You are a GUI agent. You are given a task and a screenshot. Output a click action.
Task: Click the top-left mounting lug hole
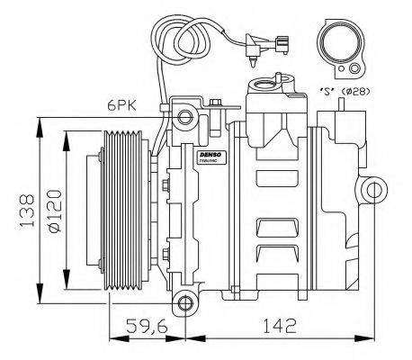[x=184, y=116]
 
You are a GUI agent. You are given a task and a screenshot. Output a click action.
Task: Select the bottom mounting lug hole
[x=185, y=302]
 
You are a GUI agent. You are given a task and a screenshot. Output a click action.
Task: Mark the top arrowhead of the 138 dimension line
[x=40, y=124]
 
